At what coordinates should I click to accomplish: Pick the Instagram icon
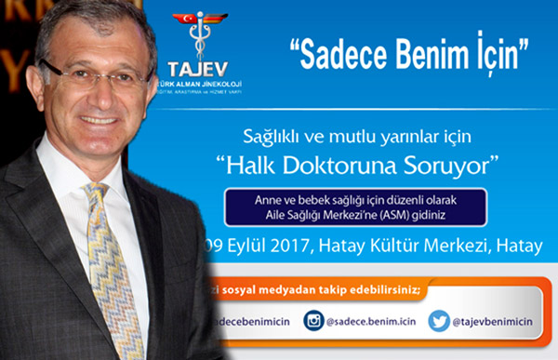click(x=314, y=321)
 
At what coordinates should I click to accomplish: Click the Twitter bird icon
click(x=439, y=321)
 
